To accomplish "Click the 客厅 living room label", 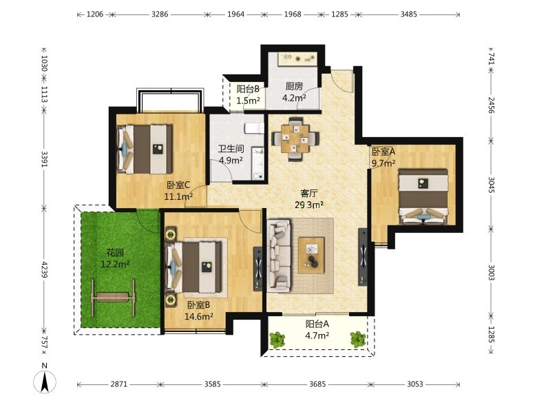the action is pyautogui.click(x=309, y=194).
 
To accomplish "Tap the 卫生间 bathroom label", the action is pyautogui.click(x=231, y=149).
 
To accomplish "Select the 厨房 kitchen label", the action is pyautogui.click(x=294, y=86).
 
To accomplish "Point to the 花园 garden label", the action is pyautogui.click(x=115, y=253).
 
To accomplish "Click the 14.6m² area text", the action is pyautogui.click(x=199, y=316).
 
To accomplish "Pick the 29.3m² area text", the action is pyautogui.click(x=309, y=205).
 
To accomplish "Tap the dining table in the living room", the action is pyautogui.click(x=295, y=138).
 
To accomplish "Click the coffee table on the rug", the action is pyautogui.click(x=311, y=256).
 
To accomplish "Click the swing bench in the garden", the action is pyautogui.click(x=113, y=297).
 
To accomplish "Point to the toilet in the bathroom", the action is pyautogui.click(x=254, y=129).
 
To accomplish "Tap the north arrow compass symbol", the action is pyautogui.click(x=45, y=381).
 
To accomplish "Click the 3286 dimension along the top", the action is pyautogui.click(x=160, y=14).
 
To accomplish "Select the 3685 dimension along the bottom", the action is pyautogui.click(x=317, y=384).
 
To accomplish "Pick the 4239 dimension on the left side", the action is pyautogui.click(x=44, y=269).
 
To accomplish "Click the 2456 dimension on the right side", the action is pyautogui.click(x=492, y=105).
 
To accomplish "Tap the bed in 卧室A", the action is pyautogui.click(x=423, y=196).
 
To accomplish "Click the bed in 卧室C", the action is pyautogui.click(x=144, y=149).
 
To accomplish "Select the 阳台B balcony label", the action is pyautogui.click(x=248, y=89).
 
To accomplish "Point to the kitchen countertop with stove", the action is pyautogui.click(x=297, y=59).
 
